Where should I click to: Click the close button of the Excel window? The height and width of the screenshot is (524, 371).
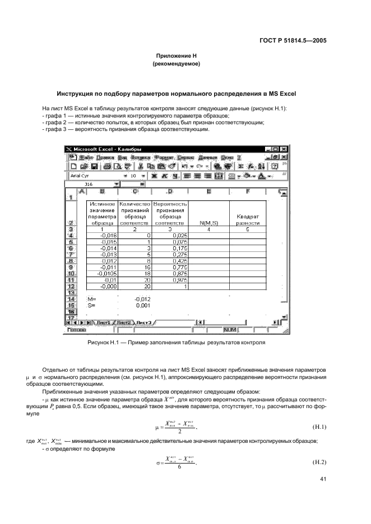[284, 149]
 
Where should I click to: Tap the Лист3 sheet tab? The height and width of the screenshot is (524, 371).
[144, 323]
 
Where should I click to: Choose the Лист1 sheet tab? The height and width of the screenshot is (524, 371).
[103, 323]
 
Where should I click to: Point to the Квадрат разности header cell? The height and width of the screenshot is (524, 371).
[245, 219]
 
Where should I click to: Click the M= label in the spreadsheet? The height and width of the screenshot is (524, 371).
[92, 300]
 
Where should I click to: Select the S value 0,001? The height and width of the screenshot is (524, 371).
[144, 306]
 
